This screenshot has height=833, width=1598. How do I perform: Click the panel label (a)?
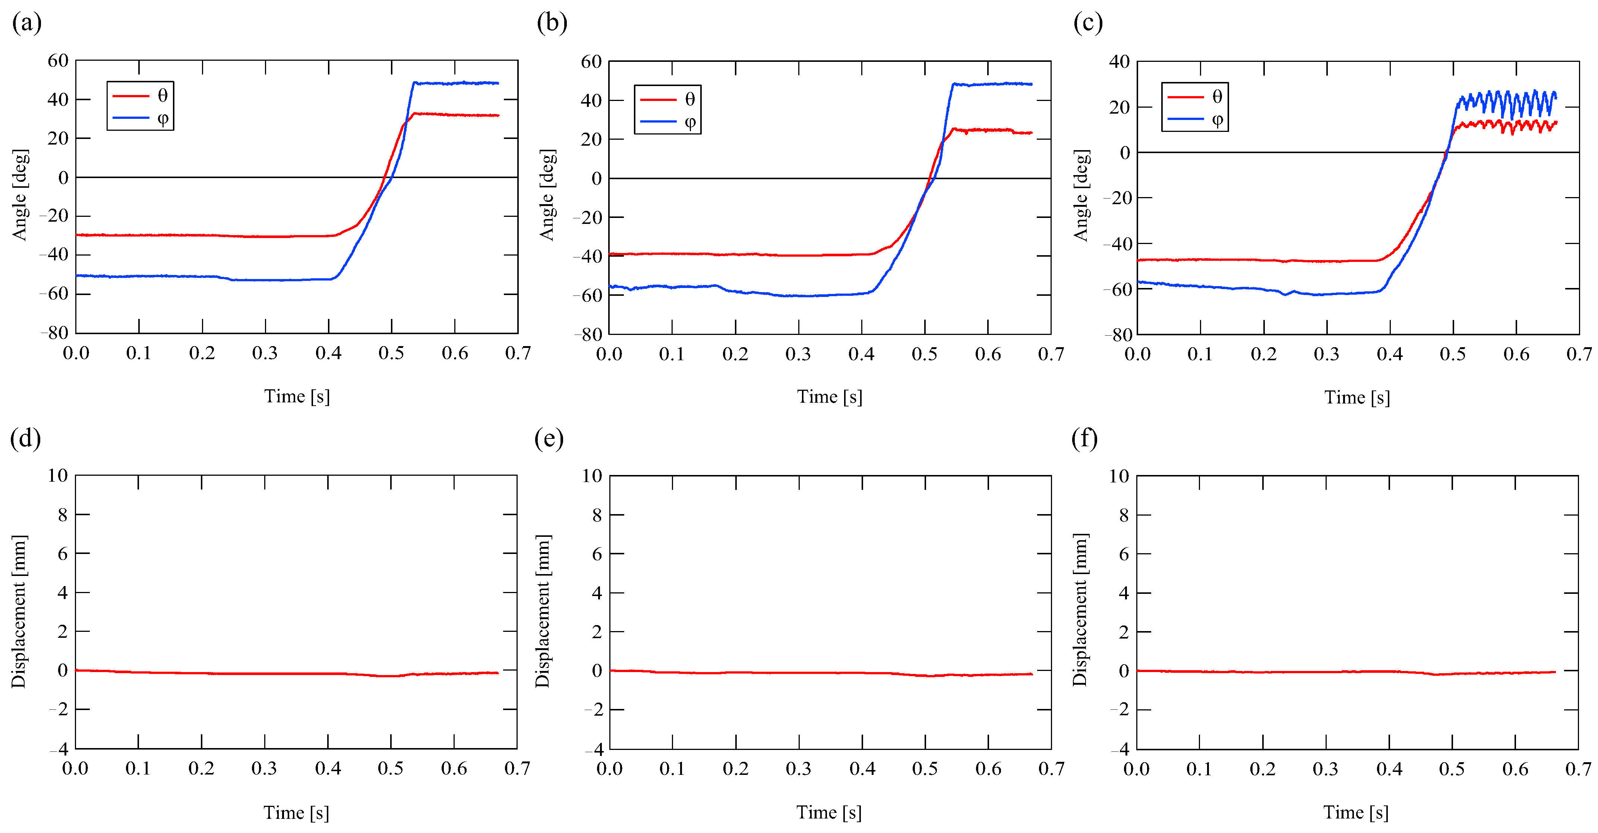click(27, 23)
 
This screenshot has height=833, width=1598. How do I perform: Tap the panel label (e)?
click(549, 439)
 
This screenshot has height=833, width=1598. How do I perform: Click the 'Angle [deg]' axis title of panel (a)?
click(20, 195)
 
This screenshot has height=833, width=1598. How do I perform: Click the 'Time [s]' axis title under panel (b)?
click(830, 397)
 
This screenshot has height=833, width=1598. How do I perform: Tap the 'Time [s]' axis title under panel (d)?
click(296, 813)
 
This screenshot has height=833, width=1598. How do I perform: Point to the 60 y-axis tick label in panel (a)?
click(58, 61)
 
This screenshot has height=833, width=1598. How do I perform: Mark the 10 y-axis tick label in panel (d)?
click(58, 476)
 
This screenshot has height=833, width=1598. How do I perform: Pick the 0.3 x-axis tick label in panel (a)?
click(265, 354)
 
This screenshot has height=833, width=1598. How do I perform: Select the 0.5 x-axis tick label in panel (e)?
click(925, 769)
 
